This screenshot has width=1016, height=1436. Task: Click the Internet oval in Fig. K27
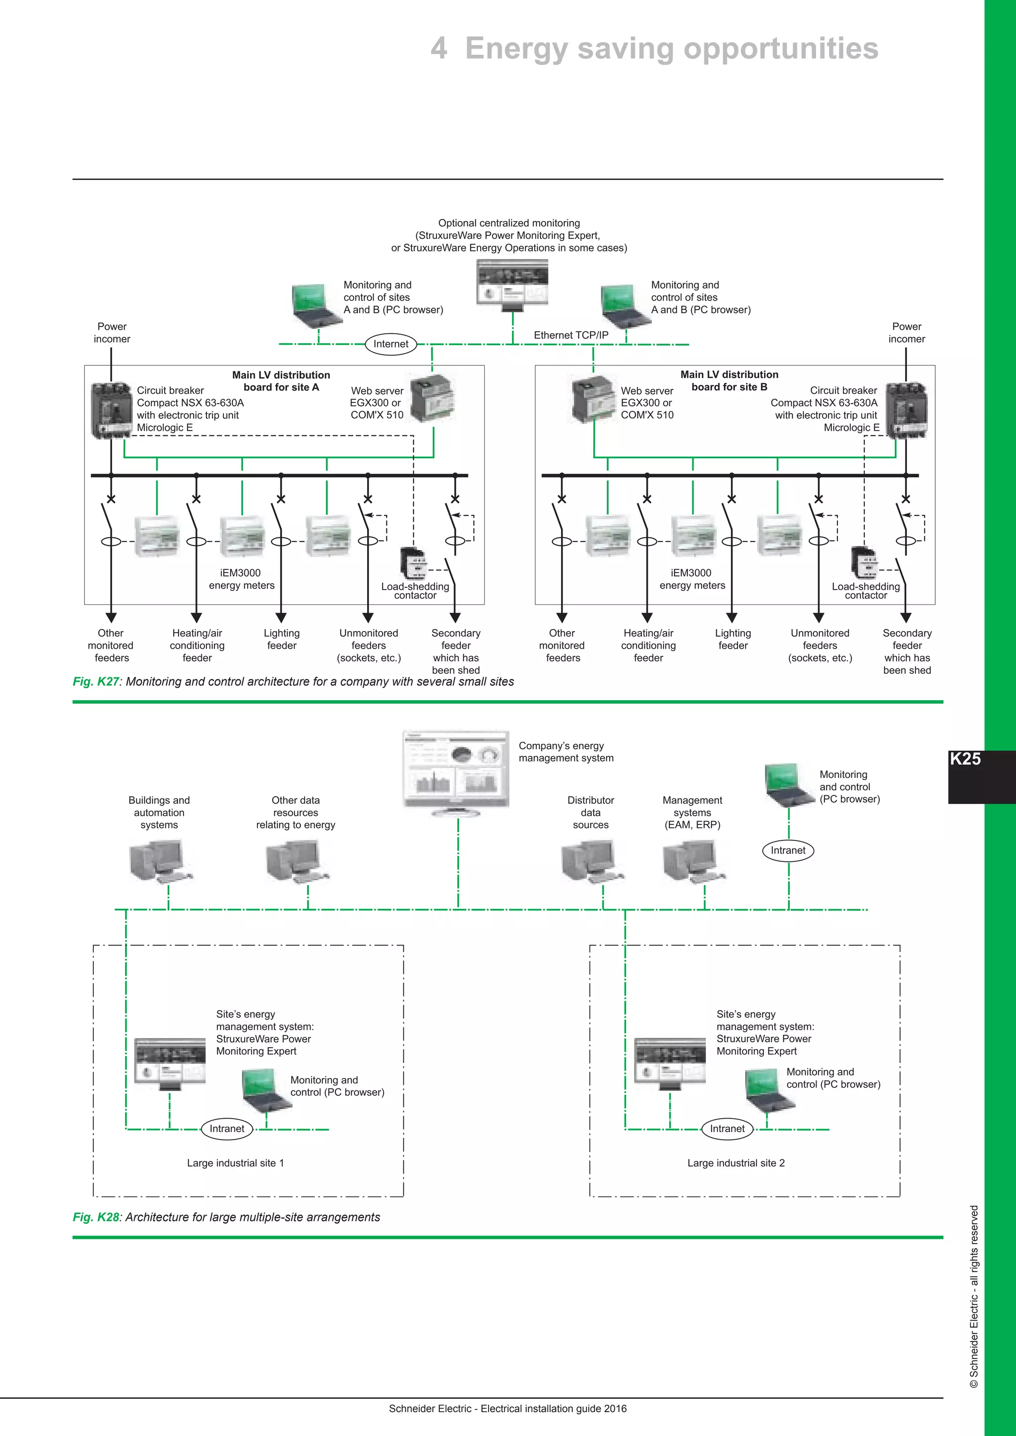point(390,344)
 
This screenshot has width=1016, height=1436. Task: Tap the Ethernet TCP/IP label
point(571,335)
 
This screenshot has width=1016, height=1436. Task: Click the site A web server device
point(432,398)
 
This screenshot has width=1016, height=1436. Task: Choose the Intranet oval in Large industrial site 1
point(227,1129)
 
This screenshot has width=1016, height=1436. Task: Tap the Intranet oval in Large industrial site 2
point(727,1129)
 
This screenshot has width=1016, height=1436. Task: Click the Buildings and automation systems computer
point(160,861)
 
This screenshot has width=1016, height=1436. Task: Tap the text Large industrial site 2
point(736,1163)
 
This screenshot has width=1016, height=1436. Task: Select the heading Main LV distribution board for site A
point(281,381)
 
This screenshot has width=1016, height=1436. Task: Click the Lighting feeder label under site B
point(733,639)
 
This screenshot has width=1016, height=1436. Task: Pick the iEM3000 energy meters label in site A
point(242,579)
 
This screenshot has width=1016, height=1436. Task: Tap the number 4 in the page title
point(439,49)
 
